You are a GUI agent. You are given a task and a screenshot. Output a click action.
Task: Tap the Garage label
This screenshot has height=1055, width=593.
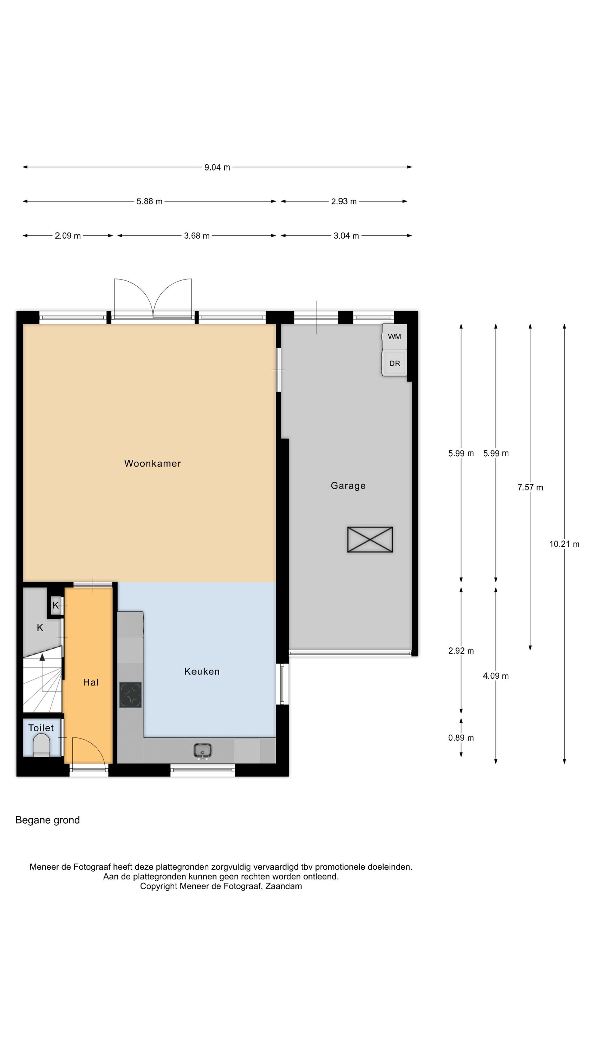click(348, 486)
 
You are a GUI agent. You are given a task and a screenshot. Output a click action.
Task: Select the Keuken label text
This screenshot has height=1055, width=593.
click(202, 671)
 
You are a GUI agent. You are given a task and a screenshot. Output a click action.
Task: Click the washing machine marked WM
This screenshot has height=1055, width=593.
click(395, 336)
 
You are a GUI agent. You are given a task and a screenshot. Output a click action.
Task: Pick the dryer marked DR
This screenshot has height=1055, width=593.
click(395, 363)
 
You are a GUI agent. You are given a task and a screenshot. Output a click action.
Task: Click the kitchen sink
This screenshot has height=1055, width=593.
click(203, 751)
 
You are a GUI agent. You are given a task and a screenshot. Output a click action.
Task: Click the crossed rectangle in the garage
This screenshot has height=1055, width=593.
click(370, 539)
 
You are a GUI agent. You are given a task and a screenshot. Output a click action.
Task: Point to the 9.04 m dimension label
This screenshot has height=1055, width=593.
click(217, 167)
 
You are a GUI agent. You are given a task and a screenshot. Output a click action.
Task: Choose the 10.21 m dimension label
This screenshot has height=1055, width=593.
click(564, 544)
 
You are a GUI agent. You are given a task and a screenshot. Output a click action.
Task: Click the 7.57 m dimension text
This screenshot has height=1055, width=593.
click(530, 487)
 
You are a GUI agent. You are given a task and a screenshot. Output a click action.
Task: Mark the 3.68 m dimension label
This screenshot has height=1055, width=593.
click(197, 236)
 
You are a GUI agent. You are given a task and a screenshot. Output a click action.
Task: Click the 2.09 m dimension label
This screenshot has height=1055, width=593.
click(68, 236)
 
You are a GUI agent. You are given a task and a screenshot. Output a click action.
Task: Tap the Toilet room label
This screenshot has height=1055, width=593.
click(41, 728)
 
